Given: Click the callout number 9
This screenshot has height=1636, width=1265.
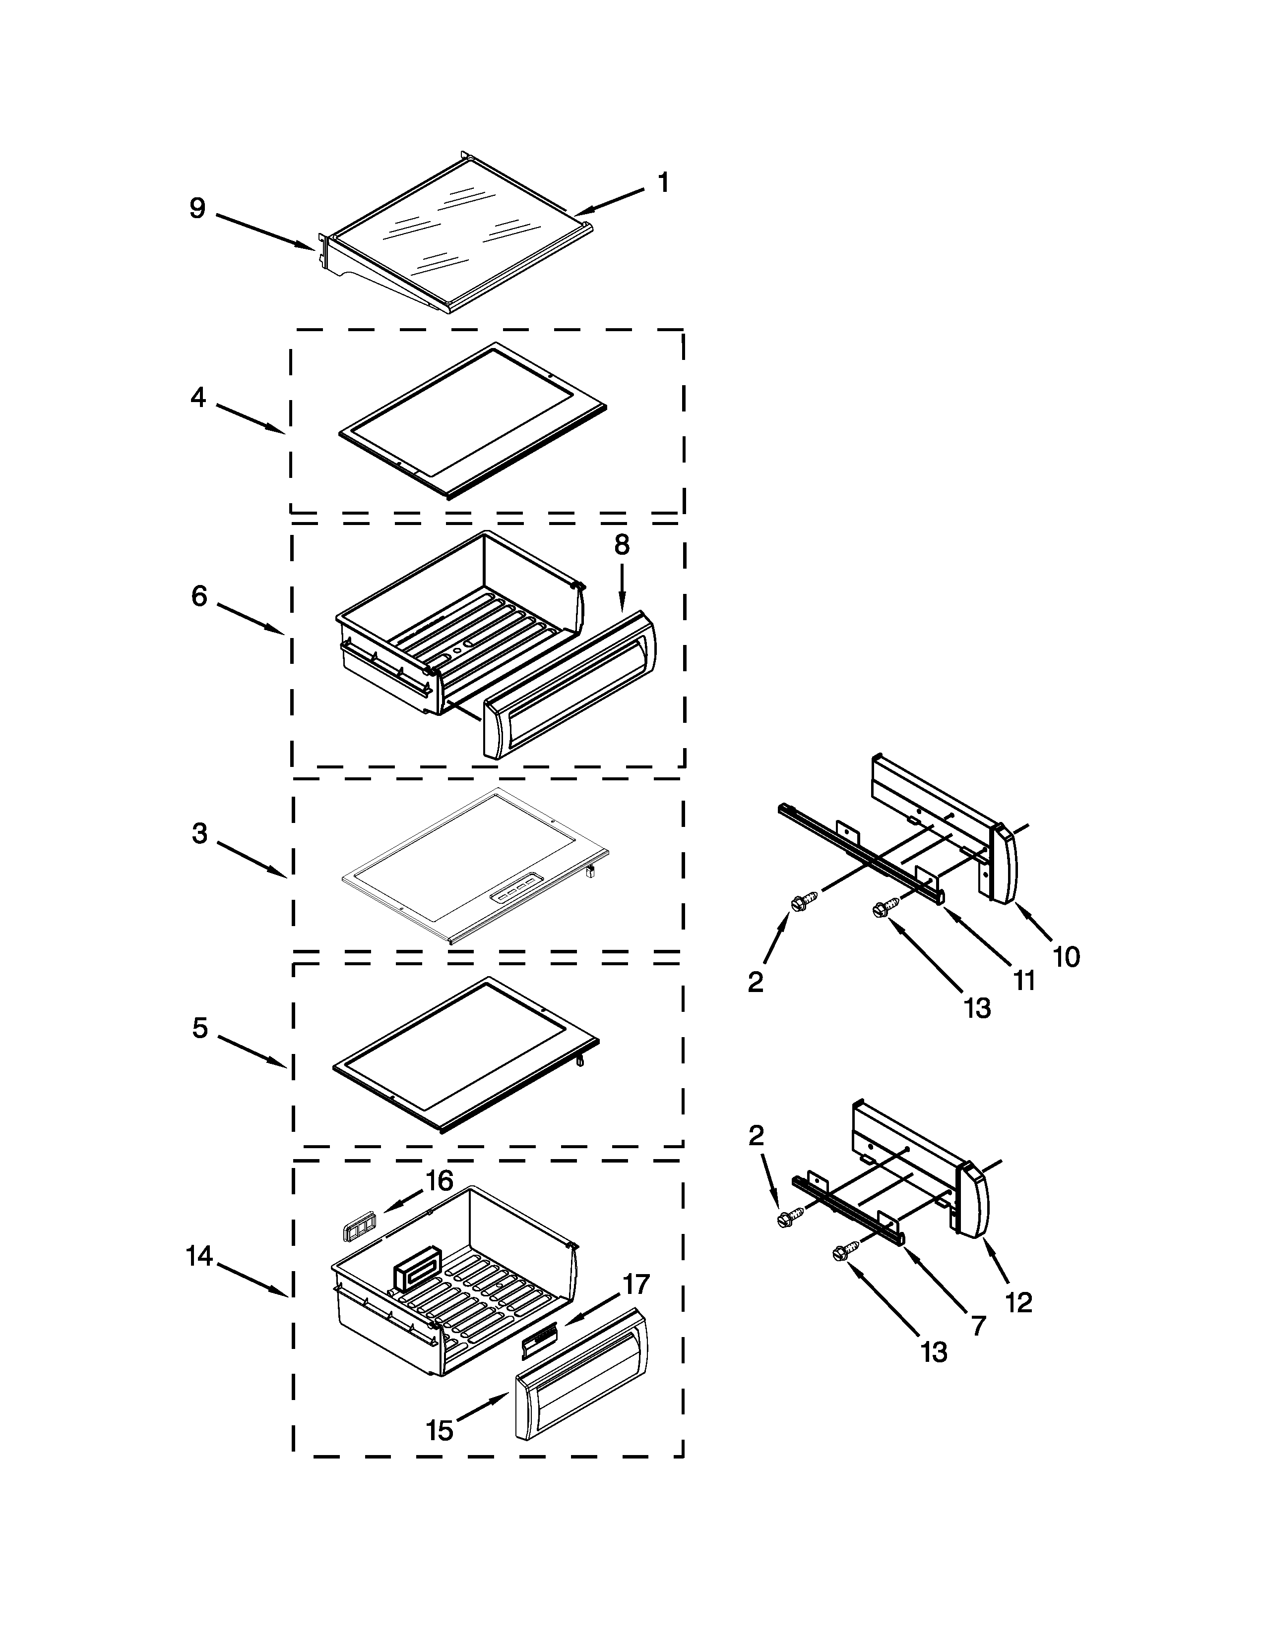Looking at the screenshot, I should coord(197,208).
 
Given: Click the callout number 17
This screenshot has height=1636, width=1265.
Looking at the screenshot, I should coord(635,1285).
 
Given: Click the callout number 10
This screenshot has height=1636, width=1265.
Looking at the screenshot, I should coord(1067,957).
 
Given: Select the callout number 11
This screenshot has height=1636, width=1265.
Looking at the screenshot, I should coord(1024,981).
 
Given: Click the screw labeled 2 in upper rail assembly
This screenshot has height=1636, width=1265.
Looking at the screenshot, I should coord(799,905).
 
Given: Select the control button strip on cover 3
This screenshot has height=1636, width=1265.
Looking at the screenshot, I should coord(514,897).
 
